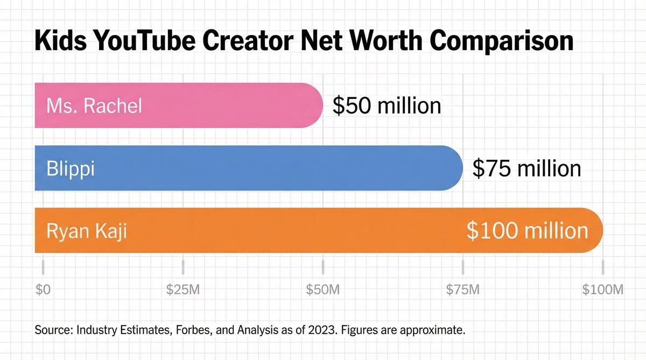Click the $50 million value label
387,105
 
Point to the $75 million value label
526,168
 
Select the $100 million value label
527,230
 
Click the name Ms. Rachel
94,105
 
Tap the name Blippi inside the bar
71,168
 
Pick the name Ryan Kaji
87,231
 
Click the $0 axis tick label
43,290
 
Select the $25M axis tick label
183,290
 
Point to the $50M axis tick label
323,290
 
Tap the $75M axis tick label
463,290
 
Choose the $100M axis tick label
602,290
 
